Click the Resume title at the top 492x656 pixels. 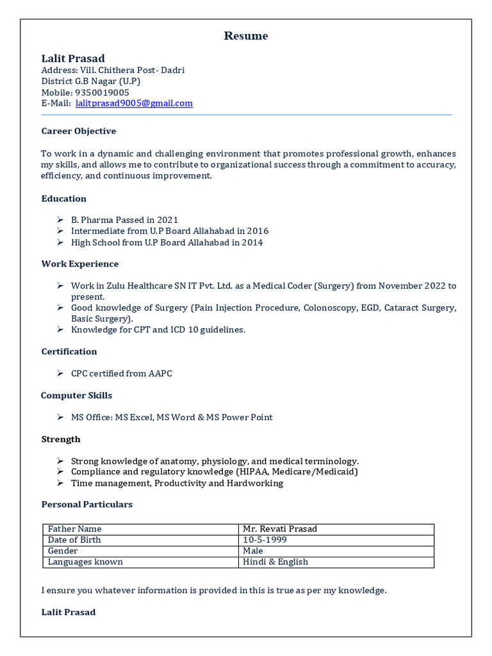pyautogui.click(x=246, y=36)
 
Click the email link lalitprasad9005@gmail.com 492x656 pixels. pyautogui.click(x=134, y=103)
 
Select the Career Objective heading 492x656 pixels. pyautogui.click(x=79, y=131)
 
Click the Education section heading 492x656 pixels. pyautogui.click(x=64, y=199)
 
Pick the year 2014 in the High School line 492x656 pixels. pyautogui.click(x=252, y=242)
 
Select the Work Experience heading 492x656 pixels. pyautogui.click(x=80, y=264)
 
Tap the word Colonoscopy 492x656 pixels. pyautogui.click(x=331, y=308)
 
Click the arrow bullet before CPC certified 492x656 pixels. pyautogui.click(x=60, y=373)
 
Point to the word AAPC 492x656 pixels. pyautogui.click(x=160, y=373)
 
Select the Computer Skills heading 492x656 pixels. pyautogui.click(x=77, y=395)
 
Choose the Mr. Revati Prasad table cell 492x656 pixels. pyautogui.click(x=280, y=529)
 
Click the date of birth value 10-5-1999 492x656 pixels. pyautogui.click(x=265, y=540)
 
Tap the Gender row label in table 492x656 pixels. pyautogui.click(x=63, y=551)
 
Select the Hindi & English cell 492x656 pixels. pyautogui.click(x=275, y=562)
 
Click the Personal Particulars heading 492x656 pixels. pyautogui.click(x=87, y=505)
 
